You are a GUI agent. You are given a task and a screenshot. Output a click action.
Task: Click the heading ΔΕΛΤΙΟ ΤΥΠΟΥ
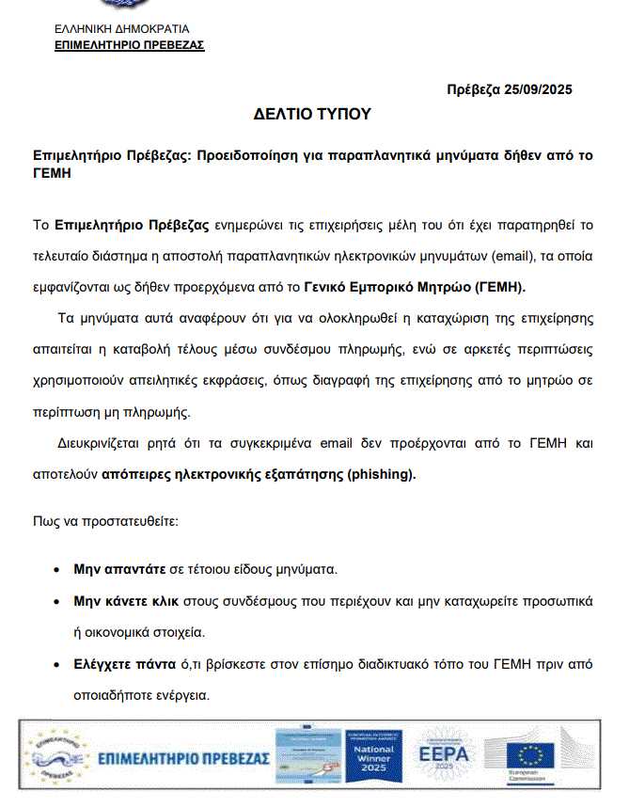coord(313,115)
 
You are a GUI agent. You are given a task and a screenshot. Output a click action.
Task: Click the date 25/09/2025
coord(537,89)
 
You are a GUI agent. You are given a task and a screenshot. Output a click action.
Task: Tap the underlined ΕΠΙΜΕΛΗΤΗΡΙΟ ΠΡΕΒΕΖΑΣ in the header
coord(130,45)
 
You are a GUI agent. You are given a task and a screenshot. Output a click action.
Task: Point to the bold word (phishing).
coord(381,475)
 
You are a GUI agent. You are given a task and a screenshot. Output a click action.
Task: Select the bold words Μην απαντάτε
coord(120,570)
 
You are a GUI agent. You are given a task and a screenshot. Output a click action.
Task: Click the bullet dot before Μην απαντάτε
coord(59,571)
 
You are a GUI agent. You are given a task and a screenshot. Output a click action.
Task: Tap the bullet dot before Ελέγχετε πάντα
coord(59,665)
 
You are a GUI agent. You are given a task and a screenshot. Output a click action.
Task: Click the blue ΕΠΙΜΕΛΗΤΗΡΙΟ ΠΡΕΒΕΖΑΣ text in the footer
coord(184,758)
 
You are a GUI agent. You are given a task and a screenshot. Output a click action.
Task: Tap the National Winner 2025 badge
coord(374,756)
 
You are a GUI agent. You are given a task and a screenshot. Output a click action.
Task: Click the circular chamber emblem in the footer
coord(59,758)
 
